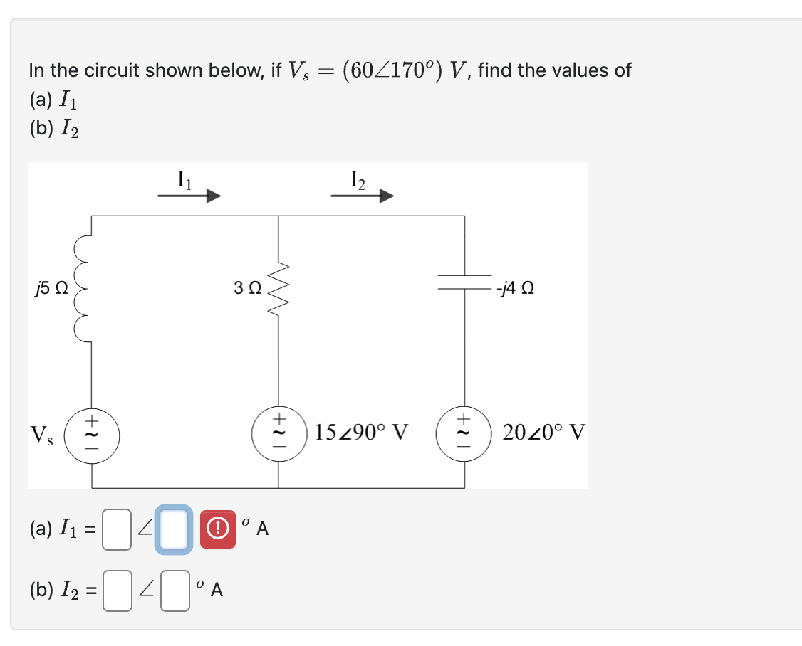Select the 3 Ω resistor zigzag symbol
[x=278, y=288]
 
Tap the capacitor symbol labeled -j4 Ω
[x=465, y=282]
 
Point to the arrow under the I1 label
[x=189, y=196]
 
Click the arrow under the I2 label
[x=363, y=196]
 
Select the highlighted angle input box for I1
[x=173, y=529]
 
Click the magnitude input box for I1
[x=116, y=529]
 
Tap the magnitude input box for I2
[x=116, y=590]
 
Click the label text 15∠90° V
[x=362, y=432]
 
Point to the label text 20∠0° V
[x=543, y=432]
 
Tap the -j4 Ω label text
[x=517, y=289]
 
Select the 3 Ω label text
[x=247, y=289]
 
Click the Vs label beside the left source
[x=42, y=433]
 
